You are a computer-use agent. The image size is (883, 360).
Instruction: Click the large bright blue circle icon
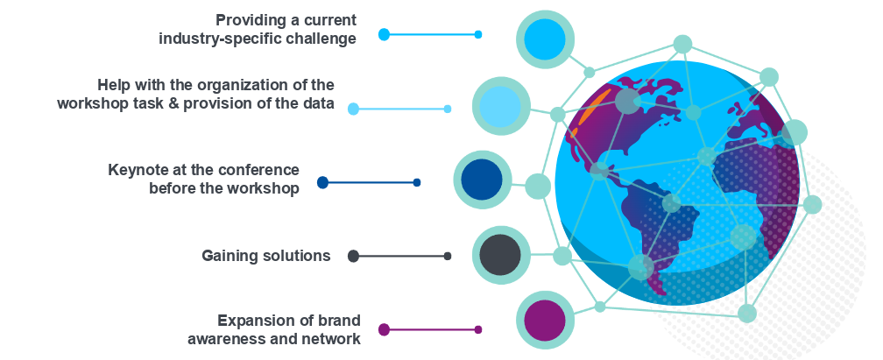click(x=545, y=39)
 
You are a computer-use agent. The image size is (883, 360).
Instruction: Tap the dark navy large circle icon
click(x=482, y=180)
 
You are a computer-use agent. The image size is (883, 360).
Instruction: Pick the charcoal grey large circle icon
click(x=501, y=255)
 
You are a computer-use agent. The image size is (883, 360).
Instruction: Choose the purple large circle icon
click(x=544, y=321)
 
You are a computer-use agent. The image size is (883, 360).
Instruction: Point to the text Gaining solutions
click(x=266, y=256)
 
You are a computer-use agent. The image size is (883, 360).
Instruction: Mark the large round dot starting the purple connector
click(x=384, y=329)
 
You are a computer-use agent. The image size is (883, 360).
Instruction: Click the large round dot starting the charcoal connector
click(x=353, y=256)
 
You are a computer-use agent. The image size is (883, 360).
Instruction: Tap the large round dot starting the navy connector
click(x=322, y=182)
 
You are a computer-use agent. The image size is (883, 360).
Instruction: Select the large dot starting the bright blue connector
click(x=384, y=34)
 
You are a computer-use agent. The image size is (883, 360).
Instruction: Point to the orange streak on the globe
click(x=589, y=114)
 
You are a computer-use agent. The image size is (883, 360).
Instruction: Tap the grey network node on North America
click(x=627, y=102)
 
